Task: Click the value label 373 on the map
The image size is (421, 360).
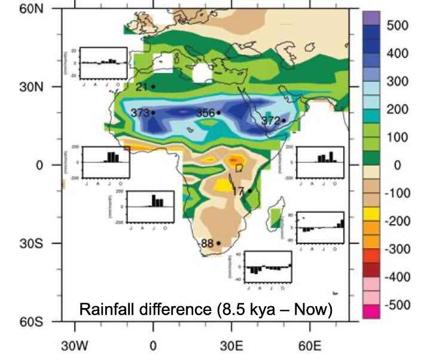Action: (x=140, y=112)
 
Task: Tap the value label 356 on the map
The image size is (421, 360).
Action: (x=205, y=112)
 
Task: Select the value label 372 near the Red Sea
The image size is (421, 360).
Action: (x=270, y=121)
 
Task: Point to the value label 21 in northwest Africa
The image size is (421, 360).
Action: (x=142, y=87)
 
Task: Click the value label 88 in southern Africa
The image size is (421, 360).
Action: (x=207, y=243)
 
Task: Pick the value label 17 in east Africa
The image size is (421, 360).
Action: (x=237, y=191)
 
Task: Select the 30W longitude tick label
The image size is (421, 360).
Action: (x=74, y=345)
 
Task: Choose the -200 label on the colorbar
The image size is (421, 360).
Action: (x=396, y=221)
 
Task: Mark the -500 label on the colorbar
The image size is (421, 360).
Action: (x=396, y=305)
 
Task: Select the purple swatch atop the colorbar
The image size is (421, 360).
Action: (x=371, y=18)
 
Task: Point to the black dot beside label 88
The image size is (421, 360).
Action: (x=218, y=243)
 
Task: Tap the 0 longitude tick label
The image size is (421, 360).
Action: (x=153, y=345)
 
